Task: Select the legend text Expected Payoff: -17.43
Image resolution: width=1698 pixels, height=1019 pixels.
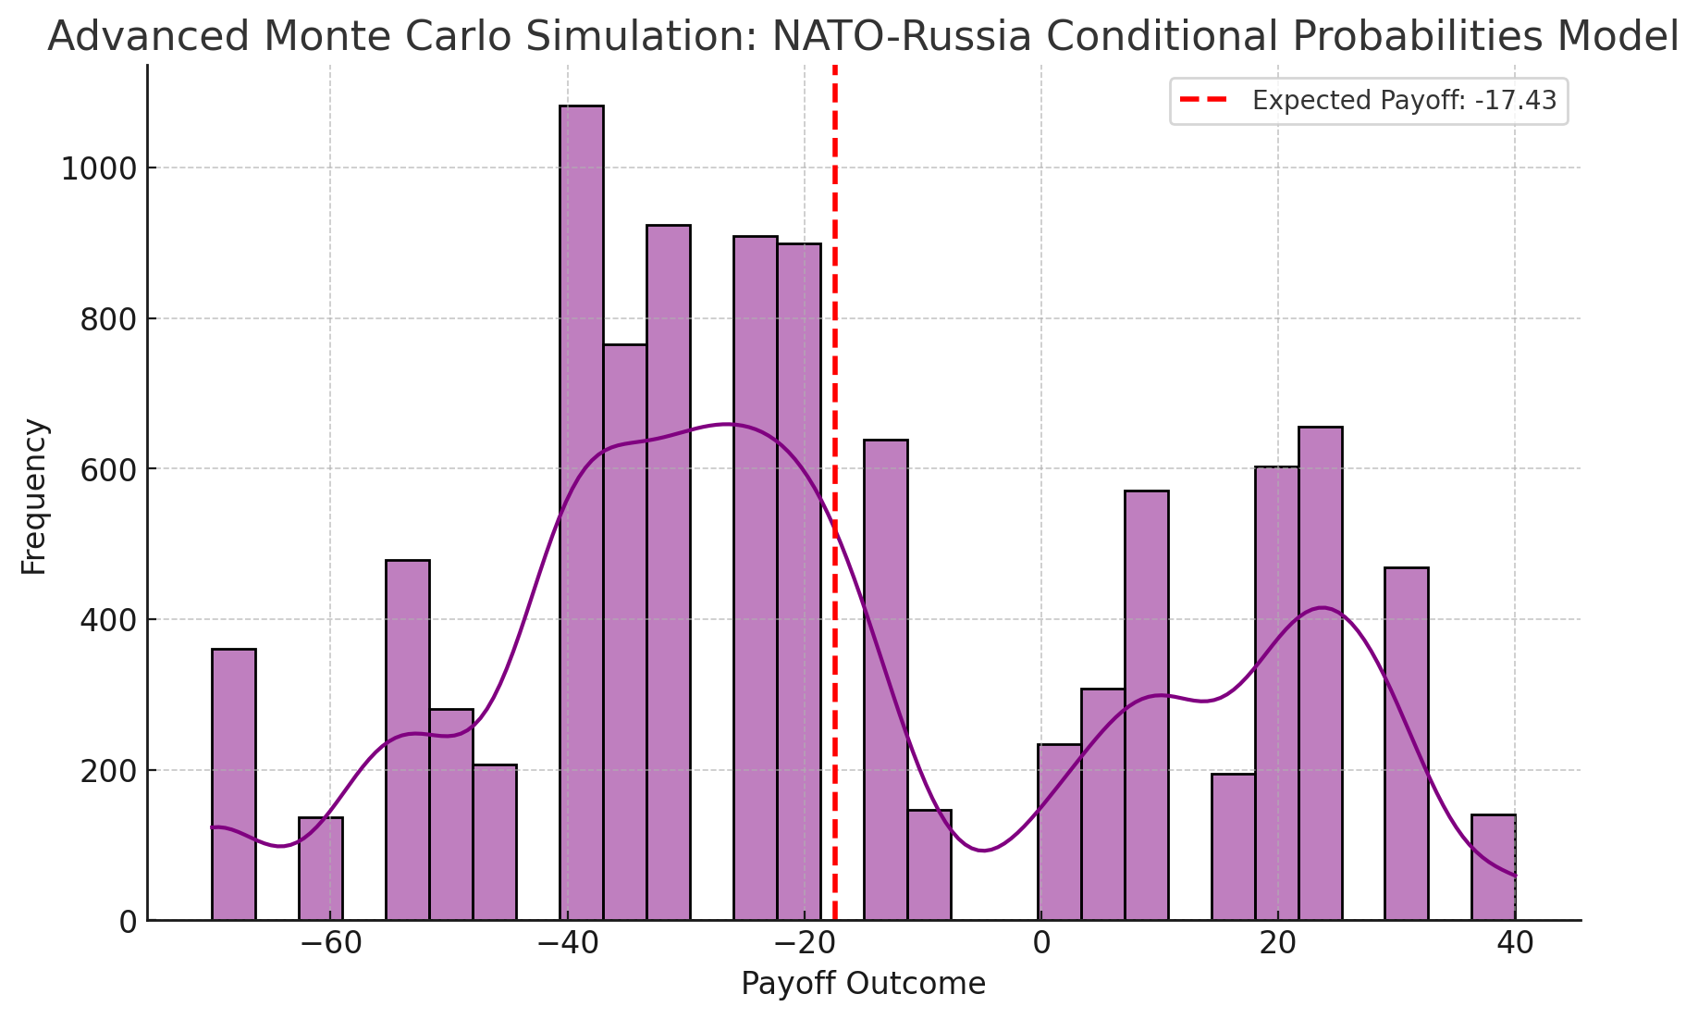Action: click(1404, 101)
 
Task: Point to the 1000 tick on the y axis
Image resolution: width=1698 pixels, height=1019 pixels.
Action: click(97, 168)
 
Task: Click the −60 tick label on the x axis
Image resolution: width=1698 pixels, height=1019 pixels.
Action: click(330, 944)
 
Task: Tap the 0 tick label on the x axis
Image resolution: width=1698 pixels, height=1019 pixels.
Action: click(1041, 944)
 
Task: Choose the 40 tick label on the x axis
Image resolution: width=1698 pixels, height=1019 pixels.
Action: click(1515, 944)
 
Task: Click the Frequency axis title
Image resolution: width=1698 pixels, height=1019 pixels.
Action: click(34, 497)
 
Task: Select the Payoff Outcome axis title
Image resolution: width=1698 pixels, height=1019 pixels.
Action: click(863, 984)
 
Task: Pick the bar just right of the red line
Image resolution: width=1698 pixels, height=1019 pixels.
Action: click(886, 680)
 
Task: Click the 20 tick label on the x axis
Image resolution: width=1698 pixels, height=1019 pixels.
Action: click(1278, 944)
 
